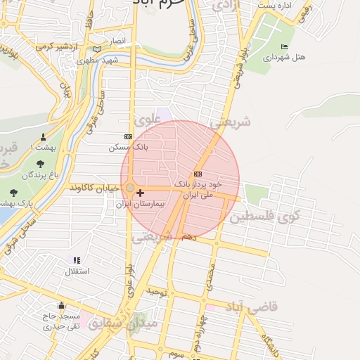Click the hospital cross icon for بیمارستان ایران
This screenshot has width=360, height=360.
(x=141, y=193)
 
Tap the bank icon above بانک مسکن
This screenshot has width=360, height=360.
(x=127, y=137)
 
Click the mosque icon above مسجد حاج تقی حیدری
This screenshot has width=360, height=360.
(x=62, y=306)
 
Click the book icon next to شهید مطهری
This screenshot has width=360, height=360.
(x=97, y=49)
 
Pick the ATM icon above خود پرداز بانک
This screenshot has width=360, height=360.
(x=198, y=174)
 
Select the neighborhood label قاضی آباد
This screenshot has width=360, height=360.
(x=251, y=307)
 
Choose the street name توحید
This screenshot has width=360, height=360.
(x=155, y=290)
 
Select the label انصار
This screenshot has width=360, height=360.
(x=117, y=41)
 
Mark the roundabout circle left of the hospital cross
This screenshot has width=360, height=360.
(x=130, y=188)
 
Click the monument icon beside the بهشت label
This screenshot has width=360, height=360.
(x=44, y=136)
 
